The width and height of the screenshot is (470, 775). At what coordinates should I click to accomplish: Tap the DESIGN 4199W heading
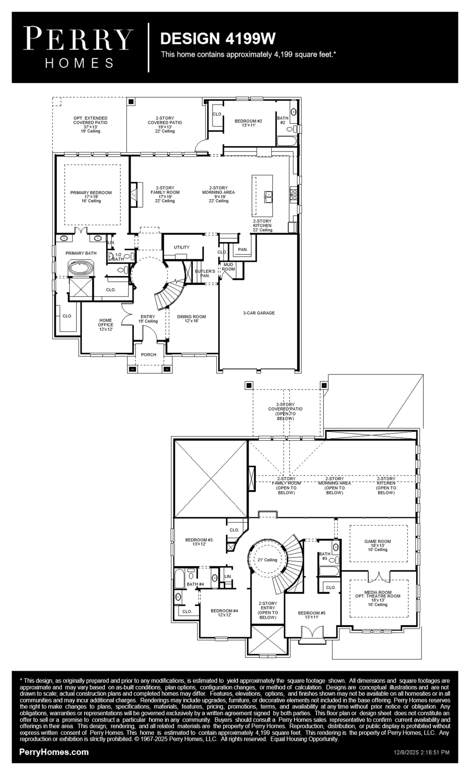pyautogui.click(x=218, y=39)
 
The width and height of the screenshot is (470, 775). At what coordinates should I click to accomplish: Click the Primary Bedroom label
pyautogui.click(x=91, y=193)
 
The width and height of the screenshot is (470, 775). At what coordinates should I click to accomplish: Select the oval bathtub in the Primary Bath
pyautogui.click(x=81, y=268)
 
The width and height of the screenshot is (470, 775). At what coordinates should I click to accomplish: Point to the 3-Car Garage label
pyautogui.click(x=259, y=313)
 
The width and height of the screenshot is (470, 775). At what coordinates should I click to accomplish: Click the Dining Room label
pyautogui.click(x=191, y=317)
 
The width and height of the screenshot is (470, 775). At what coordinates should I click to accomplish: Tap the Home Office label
pyautogui.click(x=106, y=322)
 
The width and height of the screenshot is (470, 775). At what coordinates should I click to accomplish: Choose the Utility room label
pyautogui.click(x=182, y=247)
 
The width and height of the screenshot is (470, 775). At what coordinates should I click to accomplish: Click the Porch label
pyautogui.click(x=149, y=355)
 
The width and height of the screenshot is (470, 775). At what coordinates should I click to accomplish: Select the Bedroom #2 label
pyautogui.click(x=248, y=121)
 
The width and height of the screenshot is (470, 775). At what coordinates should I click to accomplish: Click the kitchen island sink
pyautogui.click(x=268, y=197)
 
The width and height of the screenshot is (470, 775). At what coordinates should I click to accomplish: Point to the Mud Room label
pyautogui.click(x=228, y=267)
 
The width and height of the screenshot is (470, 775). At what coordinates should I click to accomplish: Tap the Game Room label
pyautogui.click(x=378, y=541)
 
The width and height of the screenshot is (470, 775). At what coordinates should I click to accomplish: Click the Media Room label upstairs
pyautogui.click(x=378, y=592)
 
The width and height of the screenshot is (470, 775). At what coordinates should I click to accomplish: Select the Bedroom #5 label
pyautogui.click(x=312, y=613)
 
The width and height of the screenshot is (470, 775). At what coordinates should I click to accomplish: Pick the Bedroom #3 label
pyautogui.click(x=199, y=540)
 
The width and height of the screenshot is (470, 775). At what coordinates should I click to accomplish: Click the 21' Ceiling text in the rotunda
pyautogui.click(x=267, y=560)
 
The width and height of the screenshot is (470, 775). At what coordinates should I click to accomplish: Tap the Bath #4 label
pyautogui.click(x=195, y=584)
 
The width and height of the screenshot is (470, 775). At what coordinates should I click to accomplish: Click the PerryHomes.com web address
pyautogui.click(x=54, y=752)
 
